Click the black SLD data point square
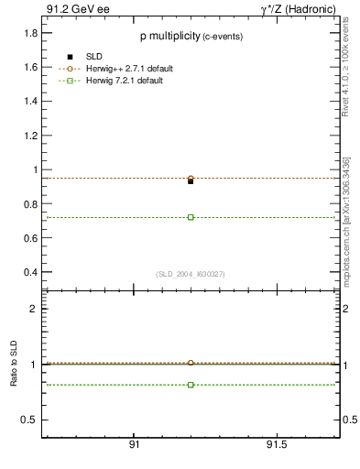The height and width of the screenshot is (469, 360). [x=191, y=181]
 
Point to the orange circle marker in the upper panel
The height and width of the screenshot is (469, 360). [x=191, y=179]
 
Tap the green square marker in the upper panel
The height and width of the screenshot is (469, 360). [x=191, y=217]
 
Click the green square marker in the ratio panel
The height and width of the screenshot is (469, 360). [x=191, y=385]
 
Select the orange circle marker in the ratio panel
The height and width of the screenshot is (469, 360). [x=191, y=364]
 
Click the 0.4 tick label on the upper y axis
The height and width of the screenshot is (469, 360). [x=29, y=272]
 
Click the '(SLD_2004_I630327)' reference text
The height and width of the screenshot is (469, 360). [x=190, y=274]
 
